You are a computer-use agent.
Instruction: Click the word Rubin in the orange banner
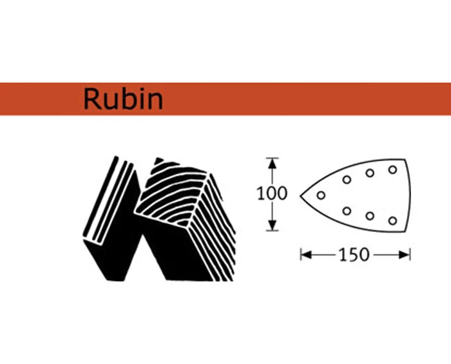tap(122, 99)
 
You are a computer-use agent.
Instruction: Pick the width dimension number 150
tap(354, 254)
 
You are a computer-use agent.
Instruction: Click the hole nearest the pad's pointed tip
tap(321, 195)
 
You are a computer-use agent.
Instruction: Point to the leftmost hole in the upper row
tap(347, 180)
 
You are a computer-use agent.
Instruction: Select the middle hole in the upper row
tap(370, 173)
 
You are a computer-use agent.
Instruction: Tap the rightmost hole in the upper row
tap(392, 169)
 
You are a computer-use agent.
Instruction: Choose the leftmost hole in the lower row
tap(347, 210)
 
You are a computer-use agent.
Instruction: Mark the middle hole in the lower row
tap(370, 216)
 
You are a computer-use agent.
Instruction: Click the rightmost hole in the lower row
tap(392, 220)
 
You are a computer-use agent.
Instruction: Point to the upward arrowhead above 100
tap(273, 162)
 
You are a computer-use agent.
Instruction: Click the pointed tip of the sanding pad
tap(301, 194)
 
